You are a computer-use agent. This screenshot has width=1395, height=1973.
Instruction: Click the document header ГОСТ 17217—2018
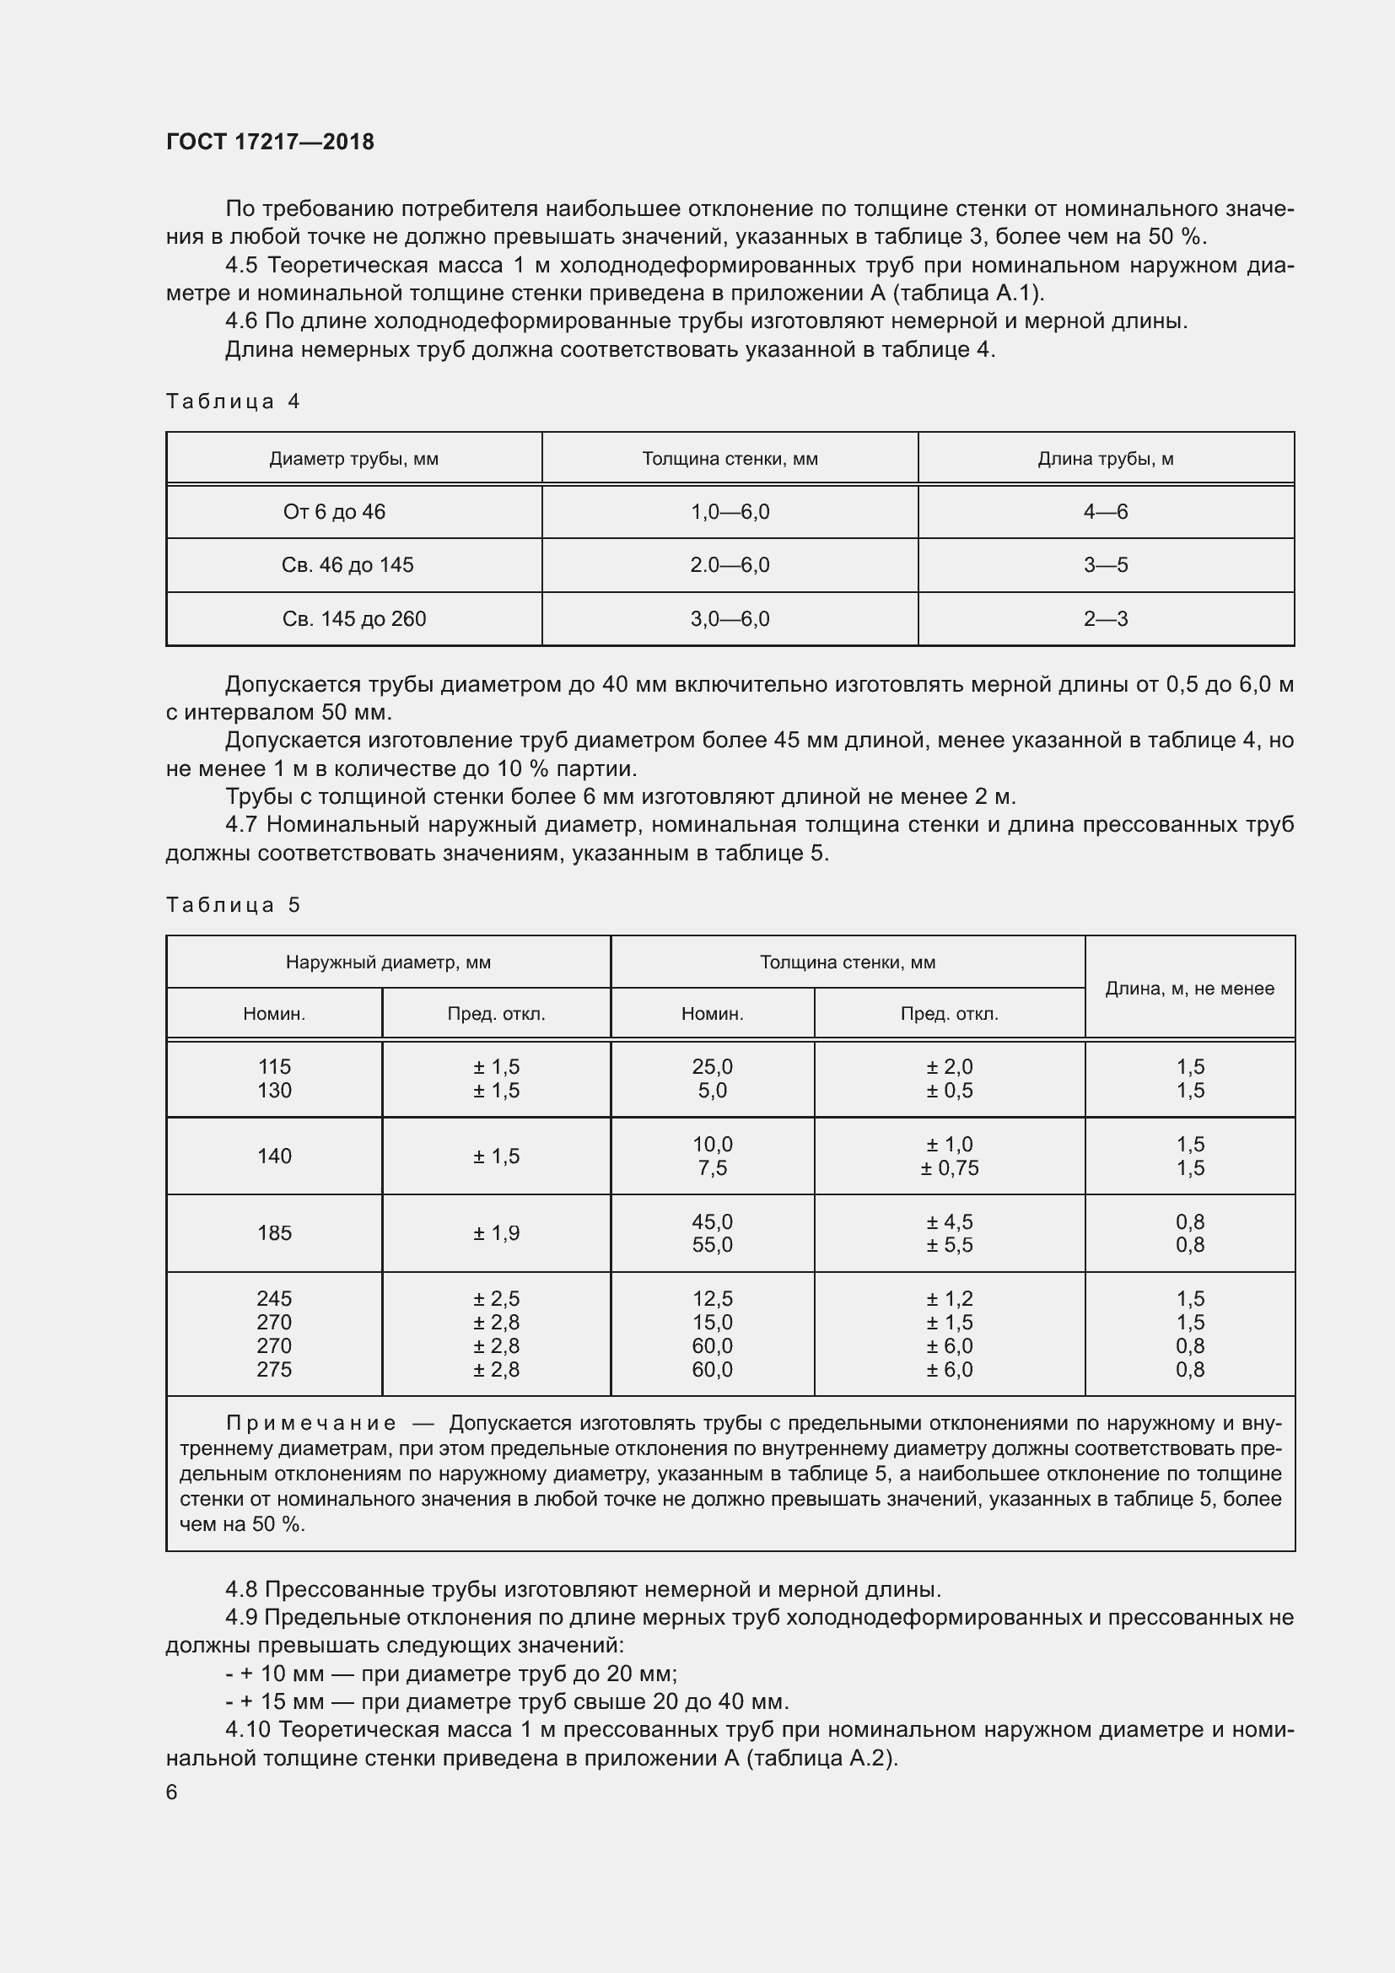pos(270,142)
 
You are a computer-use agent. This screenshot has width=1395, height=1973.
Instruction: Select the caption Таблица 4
pos(233,402)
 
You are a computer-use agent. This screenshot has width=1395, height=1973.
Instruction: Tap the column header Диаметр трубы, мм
pos(354,459)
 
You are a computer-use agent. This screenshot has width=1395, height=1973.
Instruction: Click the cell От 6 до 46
pos(334,512)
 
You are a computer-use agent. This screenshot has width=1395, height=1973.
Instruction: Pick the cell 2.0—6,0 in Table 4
pos(730,565)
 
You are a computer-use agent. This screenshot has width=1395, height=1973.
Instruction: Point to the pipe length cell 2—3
pos(1106,618)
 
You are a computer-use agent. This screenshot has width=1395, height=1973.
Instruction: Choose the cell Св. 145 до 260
pos(354,618)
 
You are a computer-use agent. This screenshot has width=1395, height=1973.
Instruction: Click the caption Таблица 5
pos(233,905)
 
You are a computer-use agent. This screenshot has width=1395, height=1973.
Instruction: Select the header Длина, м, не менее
pos(1190,989)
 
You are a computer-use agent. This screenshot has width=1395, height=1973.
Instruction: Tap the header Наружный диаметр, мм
pos(388,962)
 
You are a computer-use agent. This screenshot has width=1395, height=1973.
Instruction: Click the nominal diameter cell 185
pos(274,1233)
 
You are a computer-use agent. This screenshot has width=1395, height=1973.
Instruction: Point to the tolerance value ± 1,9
pos(496,1233)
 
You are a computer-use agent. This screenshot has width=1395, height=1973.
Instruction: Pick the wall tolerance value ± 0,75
pos(949,1168)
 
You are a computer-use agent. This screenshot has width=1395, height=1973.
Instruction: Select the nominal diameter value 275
pos(274,1370)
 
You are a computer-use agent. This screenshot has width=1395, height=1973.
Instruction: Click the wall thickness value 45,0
pos(712,1222)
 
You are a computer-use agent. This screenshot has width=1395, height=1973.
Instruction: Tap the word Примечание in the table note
pos(311,1424)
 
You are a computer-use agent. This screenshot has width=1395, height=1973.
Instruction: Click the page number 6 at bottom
pos(172,1792)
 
